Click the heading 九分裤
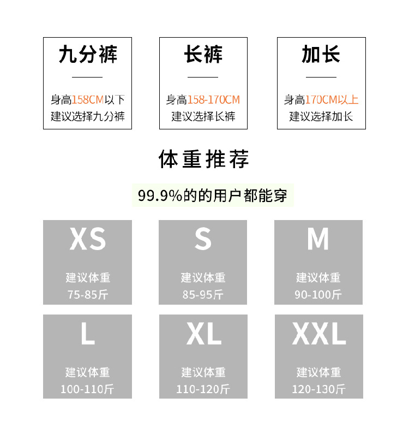(x=88, y=54)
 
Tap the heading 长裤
(x=203, y=54)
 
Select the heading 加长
(x=321, y=54)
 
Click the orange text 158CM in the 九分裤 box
(x=88, y=100)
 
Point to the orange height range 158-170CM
(x=214, y=100)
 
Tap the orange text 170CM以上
(x=332, y=100)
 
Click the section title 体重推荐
(x=203, y=159)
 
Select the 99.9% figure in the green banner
(x=160, y=195)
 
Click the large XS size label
(x=88, y=239)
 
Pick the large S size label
(x=203, y=239)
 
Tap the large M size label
(x=318, y=239)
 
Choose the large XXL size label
(x=319, y=333)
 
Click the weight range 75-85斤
(x=88, y=294)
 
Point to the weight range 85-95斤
(x=203, y=294)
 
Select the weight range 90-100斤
(x=318, y=294)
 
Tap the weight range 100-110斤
(x=87, y=389)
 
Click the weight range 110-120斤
(x=203, y=389)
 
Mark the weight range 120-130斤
(x=319, y=389)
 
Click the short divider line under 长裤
(x=203, y=77)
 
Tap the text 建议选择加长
(x=321, y=116)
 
